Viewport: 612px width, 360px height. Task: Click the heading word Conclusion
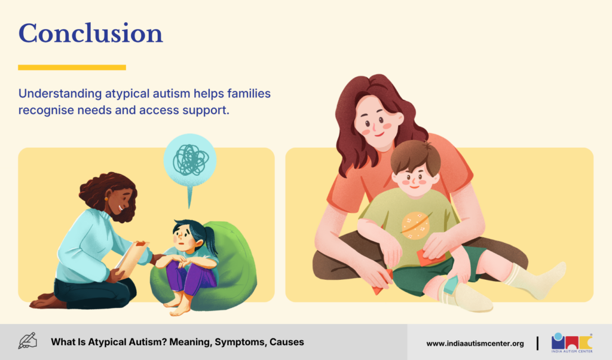tap(91, 33)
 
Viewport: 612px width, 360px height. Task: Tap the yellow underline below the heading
tap(72, 68)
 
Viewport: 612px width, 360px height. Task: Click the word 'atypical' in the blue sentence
tap(127, 94)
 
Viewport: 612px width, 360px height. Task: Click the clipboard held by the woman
tap(131, 258)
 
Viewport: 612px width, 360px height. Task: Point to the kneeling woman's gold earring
tap(106, 199)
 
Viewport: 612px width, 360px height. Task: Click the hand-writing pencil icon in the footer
tap(27, 341)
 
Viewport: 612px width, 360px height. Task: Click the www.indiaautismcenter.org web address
tap(475, 344)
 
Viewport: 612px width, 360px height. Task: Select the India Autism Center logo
tap(572, 343)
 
